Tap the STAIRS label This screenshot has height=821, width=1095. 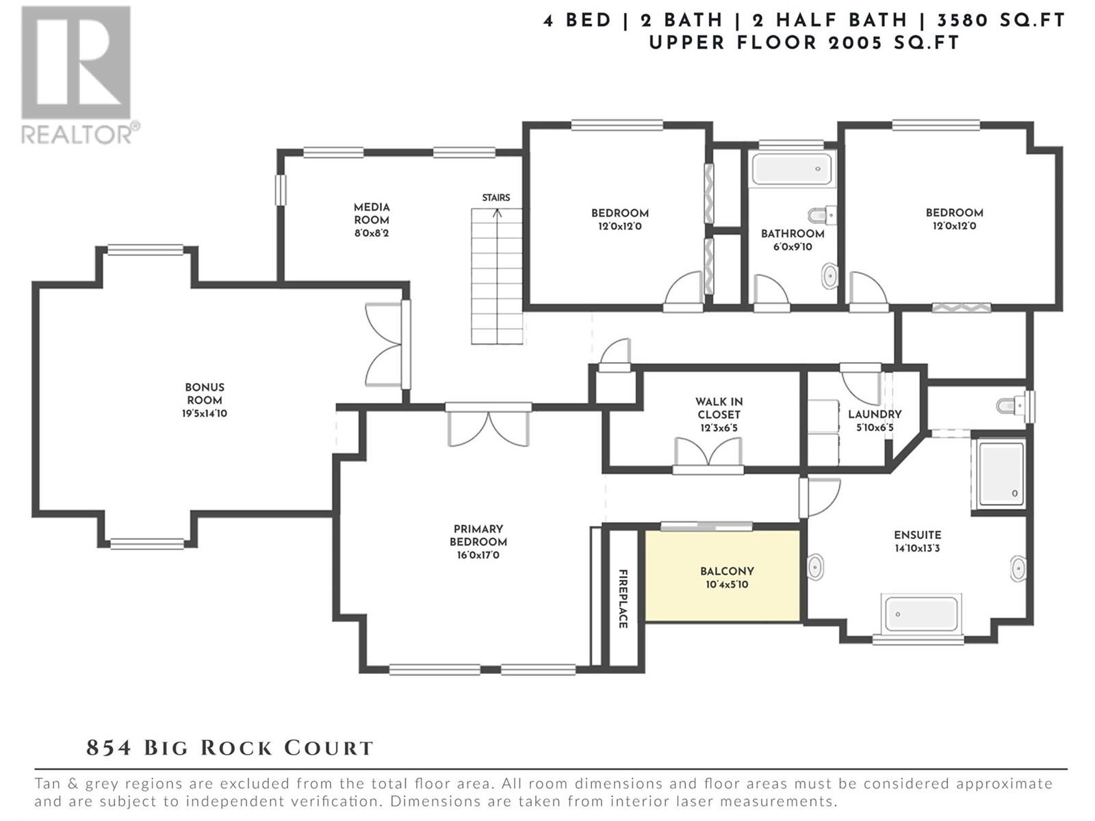click(x=495, y=198)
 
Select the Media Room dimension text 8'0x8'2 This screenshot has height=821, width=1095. click(x=372, y=233)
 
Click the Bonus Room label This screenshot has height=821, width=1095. click(x=204, y=394)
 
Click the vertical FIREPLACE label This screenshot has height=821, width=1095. click(x=623, y=599)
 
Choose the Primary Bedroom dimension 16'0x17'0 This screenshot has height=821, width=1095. click(x=478, y=555)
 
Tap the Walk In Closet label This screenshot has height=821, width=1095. click(x=719, y=408)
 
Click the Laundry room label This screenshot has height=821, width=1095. click(x=874, y=415)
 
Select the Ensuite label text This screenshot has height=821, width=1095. click(x=917, y=535)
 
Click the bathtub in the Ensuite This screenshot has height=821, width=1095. click(x=921, y=614)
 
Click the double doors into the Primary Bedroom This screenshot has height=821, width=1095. click(x=489, y=426)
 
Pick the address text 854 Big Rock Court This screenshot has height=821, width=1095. click(x=230, y=748)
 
